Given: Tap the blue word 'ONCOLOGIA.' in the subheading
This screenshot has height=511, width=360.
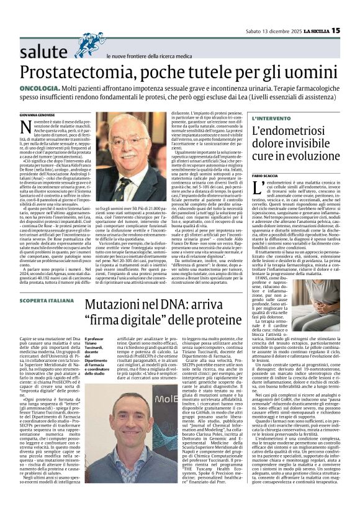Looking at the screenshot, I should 38,91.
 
